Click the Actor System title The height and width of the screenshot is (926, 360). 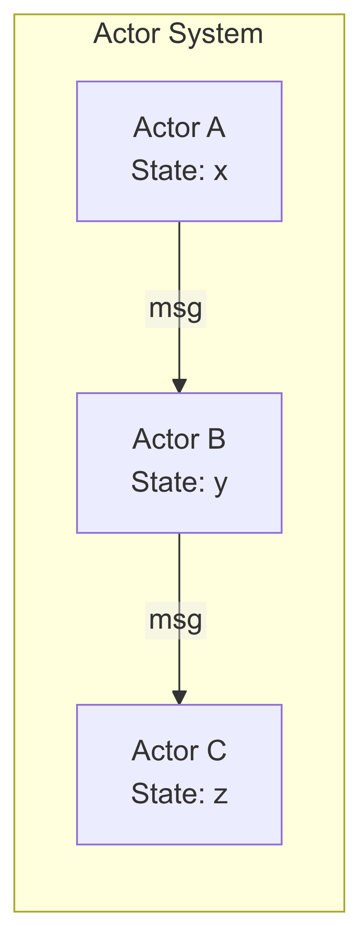pyautogui.click(x=178, y=34)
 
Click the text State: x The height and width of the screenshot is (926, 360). pyautogui.click(x=179, y=171)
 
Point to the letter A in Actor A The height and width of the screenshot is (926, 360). pyautogui.click(x=216, y=128)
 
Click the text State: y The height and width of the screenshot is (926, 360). pyautogui.click(x=179, y=483)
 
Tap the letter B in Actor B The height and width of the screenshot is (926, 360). pyautogui.click(x=216, y=439)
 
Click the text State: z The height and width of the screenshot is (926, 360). pyautogui.click(x=179, y=794)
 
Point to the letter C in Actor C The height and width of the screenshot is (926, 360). pyautogui.click(x=217, y=751)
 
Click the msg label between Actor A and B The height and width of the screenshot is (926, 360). pyautogui.click(x=176, y=309)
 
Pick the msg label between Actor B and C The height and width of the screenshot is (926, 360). pyautogui.click(x=176, y=620)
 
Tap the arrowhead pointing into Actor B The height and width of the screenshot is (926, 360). pyautogui.click(x=179, y=386)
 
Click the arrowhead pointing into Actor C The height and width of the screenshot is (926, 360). pyautogui.click(x=179, y=697)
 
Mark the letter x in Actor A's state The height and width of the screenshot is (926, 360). pyautogui.click(x=220, y=171)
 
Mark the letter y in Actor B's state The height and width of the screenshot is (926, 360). pyautogui.click(x=221, y=484)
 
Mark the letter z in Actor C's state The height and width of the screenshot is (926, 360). pyautogui.click(x=221, y=795)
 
